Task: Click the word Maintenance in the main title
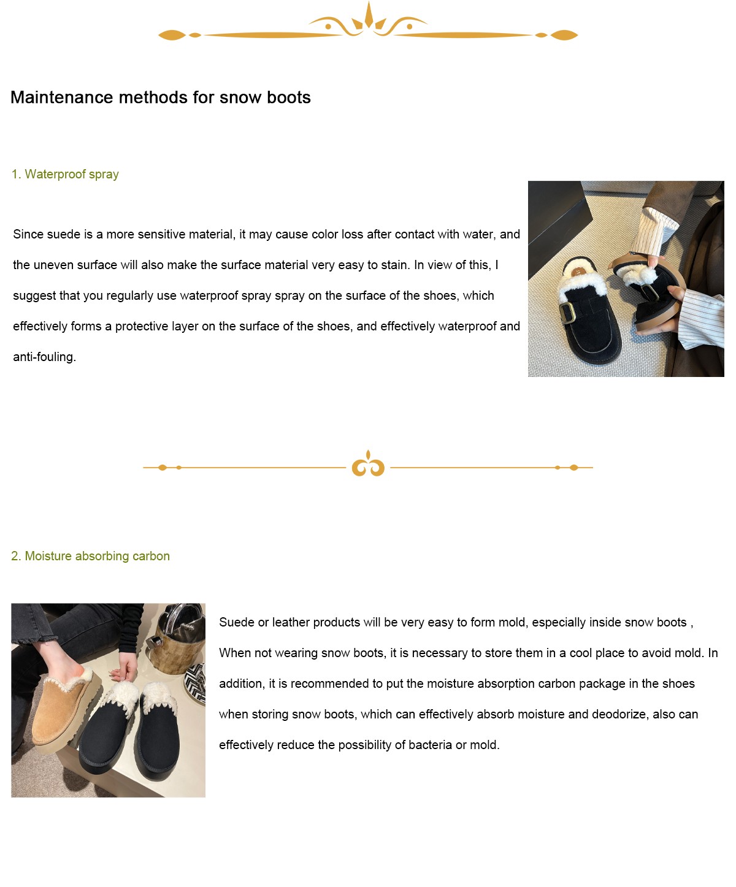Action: (62, 97)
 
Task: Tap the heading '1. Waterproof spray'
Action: (65, 174)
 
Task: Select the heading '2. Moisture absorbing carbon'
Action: (91, 555)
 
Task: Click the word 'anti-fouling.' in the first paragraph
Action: (45, 357)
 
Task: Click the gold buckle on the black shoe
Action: (567, 312)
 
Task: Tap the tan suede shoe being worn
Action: (64, 707)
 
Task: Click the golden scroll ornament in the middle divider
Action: (368, 465)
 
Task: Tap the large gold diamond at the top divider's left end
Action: (172, 36)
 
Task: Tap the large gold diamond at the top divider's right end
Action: (564, 36)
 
